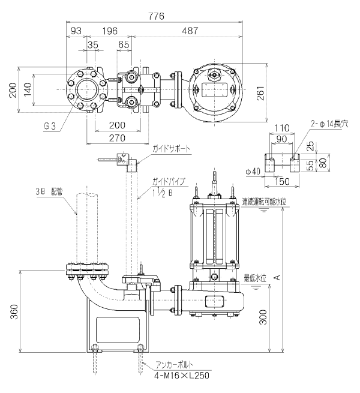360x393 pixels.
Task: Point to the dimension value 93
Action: coord(76,31)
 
